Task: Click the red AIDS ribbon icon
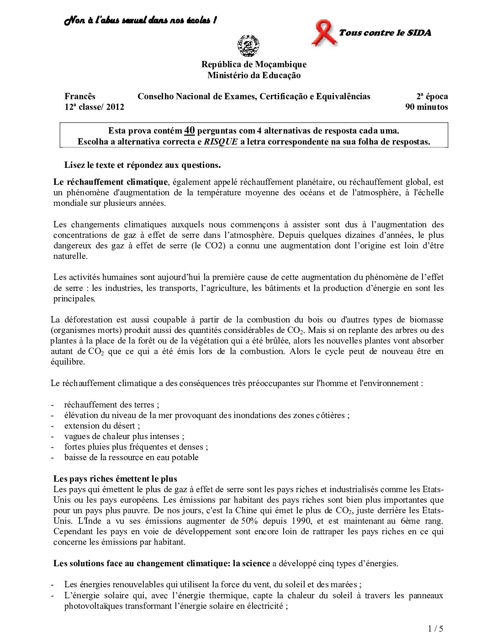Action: click(323, 33)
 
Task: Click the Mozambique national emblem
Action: click(248, 46)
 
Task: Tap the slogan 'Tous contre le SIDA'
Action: click(385, 32)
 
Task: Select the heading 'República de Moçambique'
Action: click(254, 64)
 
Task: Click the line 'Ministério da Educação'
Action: click(254, 75)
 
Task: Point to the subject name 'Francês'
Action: click(80, 97)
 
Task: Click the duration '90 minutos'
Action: click(426, 107)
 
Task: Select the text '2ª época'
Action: click(432, 97)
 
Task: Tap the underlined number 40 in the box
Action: click(190, 131)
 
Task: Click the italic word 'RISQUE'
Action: click(221, 142)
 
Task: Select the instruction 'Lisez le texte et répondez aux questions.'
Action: click(143, 165)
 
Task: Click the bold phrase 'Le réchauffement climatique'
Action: click(111, 182)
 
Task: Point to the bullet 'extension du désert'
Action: click(102, 426)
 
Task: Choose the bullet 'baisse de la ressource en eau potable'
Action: click(132, 457)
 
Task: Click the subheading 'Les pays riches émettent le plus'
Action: click(115, 479)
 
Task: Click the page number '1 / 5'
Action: click(436, 629)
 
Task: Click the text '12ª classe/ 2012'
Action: click(94, 107)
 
